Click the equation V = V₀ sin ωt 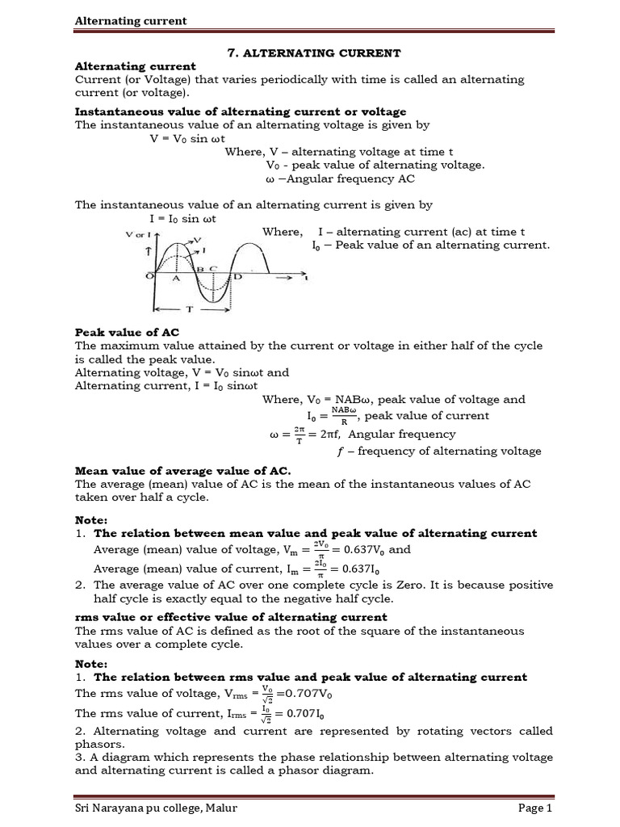[x=191, y=138]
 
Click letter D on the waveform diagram [x=238, y=277]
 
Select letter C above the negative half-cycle [x=213, y=267]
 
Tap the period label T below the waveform [x=189, y=309]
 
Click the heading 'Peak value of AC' [x=127, y=332]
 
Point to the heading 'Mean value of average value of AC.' [x=182, y=470]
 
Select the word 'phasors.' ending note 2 [x=99, y=744]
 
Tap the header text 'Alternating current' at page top [x=131, y=20]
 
